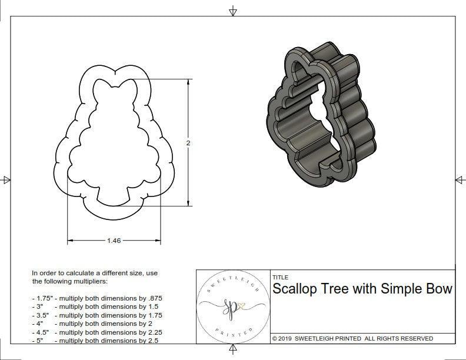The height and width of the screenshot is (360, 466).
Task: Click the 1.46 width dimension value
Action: tap(115, 240)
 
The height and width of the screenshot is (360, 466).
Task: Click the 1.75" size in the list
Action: tap(42, 298)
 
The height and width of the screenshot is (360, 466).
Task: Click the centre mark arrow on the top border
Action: tap(233, 11)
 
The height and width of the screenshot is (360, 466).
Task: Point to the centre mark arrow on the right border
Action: tap(459, 180)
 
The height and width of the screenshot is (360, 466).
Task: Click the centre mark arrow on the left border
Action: tap(6, 180)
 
